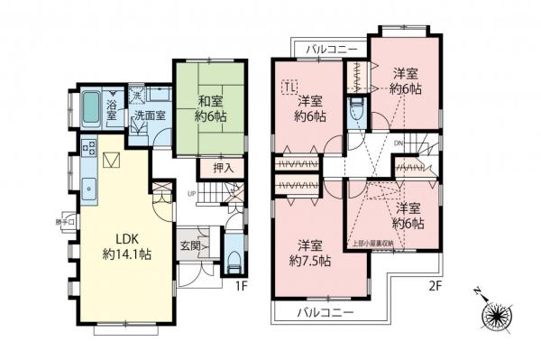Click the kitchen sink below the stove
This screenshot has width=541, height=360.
click(x=89, y=189)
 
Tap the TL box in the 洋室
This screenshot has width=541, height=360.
click(x=291, y=88)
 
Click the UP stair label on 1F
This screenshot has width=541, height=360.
click(x=190, y=193)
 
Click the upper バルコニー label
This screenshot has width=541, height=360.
click(x=330, y=48)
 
